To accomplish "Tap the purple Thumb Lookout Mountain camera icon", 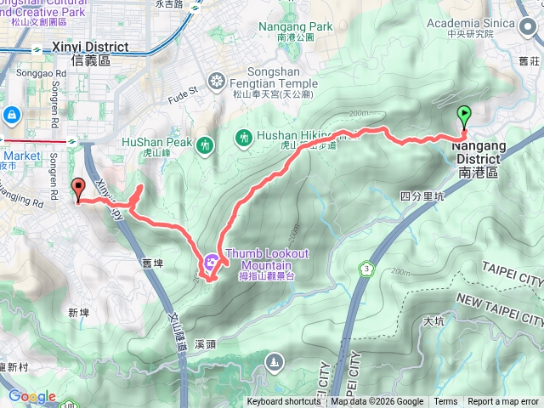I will click(x=212, y=258).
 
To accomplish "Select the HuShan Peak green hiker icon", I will click(x=204, y=146).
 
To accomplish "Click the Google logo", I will click(x=32, y=397).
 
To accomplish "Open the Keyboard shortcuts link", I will click(x=284, y=402).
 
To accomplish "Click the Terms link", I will click(x=445, y=402).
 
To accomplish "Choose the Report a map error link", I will click(x=503, y=402).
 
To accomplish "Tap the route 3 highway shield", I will click(x=366, y=269).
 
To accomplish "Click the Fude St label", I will click(x=185, y=88).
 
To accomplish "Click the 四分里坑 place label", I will click(x=422, y=196).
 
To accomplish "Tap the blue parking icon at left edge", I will click(x=11, y=114).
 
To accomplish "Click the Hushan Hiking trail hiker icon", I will click(x=244, y=136).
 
